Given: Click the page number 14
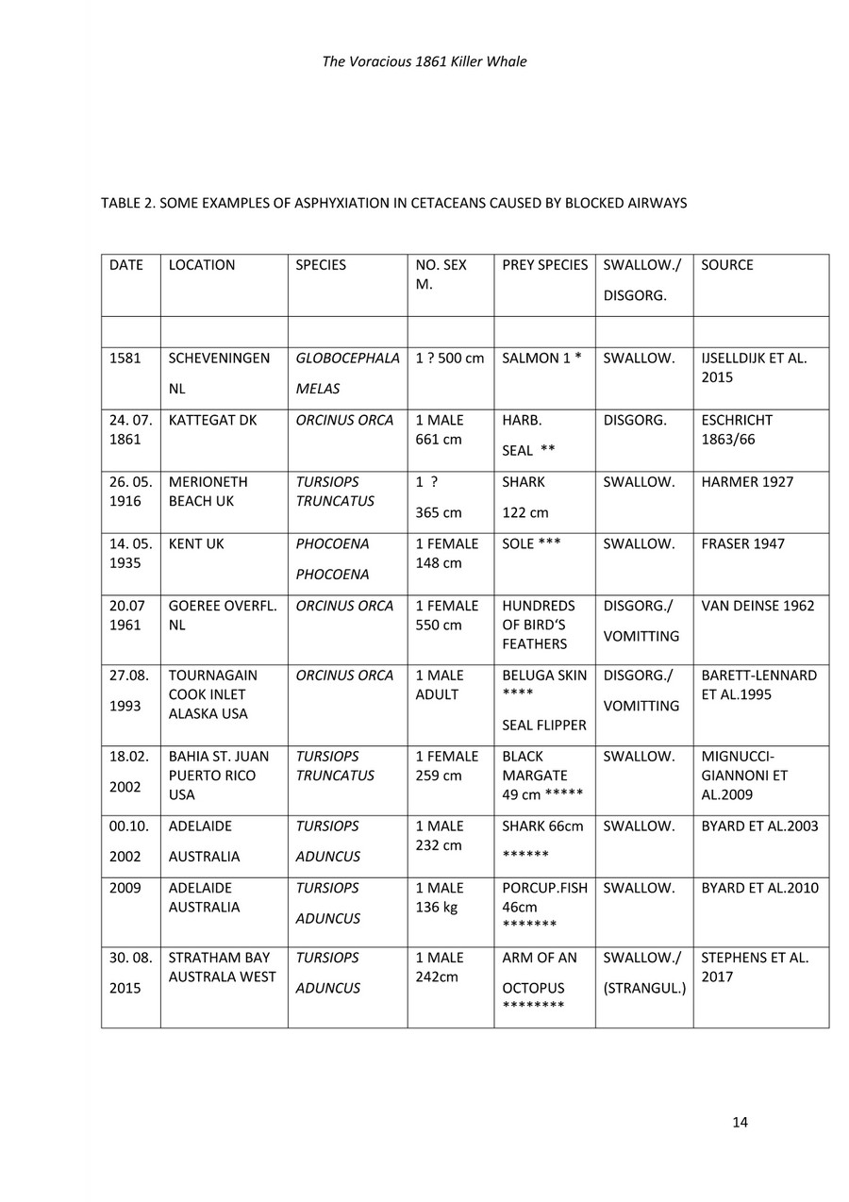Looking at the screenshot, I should (740, 1122).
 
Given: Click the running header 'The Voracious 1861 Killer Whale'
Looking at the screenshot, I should (424, 62).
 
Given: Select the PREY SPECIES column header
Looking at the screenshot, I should (544, 265).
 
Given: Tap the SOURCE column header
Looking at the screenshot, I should (727, 265).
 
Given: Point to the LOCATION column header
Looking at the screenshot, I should (202, 265).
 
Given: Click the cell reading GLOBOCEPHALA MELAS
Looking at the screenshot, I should (347, 374).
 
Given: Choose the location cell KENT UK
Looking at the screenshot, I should (196, 544).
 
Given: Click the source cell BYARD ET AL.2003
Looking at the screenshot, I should (759, 826).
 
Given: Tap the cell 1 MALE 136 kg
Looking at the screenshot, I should (440, 897).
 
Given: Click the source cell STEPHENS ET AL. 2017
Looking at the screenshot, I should (754, 967).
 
